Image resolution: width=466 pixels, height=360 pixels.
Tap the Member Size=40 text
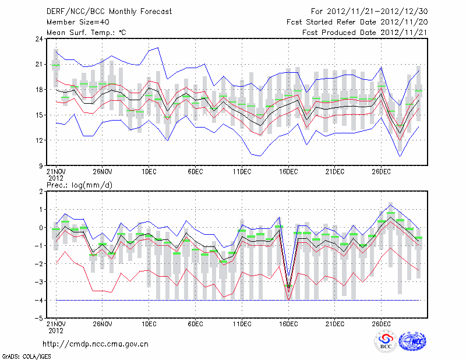pos(73,22)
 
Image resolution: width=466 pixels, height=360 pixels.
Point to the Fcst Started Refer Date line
pos(357,22)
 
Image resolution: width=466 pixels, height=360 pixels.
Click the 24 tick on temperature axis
pos(39,39)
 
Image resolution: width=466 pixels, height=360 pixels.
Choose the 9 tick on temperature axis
pos(41,165)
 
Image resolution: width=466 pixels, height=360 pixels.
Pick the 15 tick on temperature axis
pos(39,115)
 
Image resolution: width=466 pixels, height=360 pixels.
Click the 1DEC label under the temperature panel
pos(149,172)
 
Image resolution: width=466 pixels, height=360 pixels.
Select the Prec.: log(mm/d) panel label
pos(79,185)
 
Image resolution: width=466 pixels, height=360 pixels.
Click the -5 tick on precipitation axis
pos(39,318)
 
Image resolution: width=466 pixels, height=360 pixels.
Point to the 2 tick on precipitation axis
pos(41,191)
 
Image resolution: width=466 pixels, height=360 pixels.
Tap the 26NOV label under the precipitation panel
pos(102,324)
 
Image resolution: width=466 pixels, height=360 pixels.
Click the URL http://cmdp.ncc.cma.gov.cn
pos(96,344)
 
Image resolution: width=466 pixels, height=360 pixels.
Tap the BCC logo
pos(385,342)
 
